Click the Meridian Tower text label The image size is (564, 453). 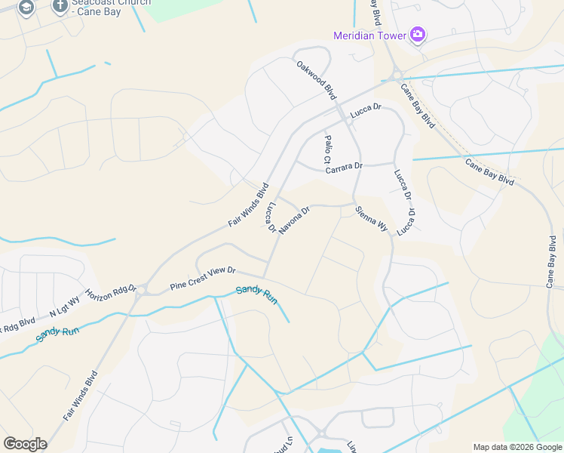point(369,35)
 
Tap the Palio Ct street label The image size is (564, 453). point(327,149)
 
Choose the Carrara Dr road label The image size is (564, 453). point(344,168)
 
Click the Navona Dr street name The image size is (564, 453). point(294,220)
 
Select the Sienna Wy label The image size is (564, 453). point(371,218)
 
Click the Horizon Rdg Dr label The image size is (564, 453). point(110,291)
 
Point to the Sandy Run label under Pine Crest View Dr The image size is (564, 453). point(256,294)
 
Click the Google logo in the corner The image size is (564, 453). point(25,444)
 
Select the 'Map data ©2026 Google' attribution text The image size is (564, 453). point(517,447)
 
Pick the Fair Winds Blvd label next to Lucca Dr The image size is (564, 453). point(248,205)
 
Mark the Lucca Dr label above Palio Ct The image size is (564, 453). point(366,110)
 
